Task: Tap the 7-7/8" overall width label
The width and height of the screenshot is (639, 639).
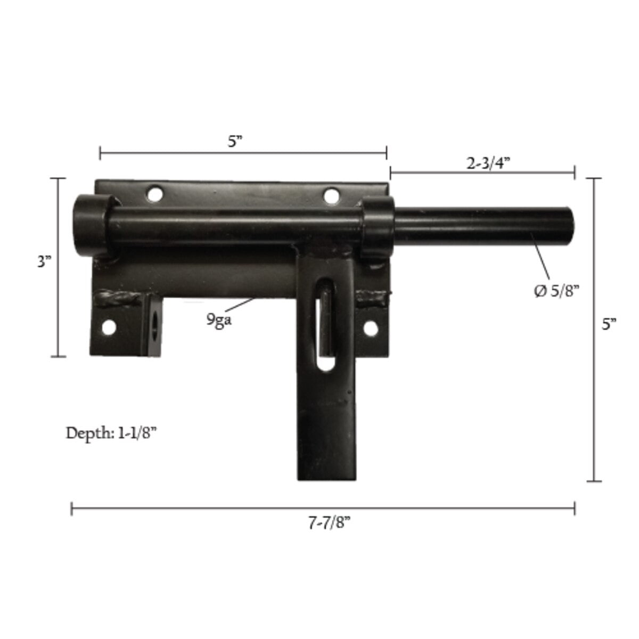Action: pos(329,523)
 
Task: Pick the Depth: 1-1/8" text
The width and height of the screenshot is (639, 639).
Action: pos(111,433)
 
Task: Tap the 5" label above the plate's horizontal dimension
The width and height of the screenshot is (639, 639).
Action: pos(235,142)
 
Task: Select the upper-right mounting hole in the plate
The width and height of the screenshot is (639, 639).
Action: pos(331,196)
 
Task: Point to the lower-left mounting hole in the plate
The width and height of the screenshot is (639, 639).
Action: pos(109,327)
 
